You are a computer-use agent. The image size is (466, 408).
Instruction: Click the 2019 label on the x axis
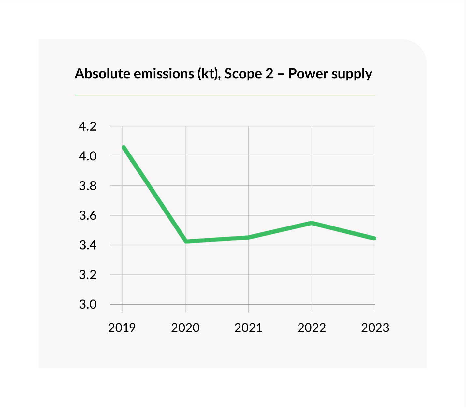pos(122,328)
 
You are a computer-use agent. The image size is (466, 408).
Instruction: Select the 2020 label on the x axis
pos(185,328)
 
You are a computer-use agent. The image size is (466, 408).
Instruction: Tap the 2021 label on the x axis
pos(248,328)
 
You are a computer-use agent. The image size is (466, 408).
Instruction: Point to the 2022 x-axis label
pos(312,328)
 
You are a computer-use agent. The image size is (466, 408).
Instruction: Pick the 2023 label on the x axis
pos(375,328)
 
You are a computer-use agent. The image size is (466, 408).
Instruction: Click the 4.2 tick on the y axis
pos(88,126)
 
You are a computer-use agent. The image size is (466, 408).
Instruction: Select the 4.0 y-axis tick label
pos(88,156)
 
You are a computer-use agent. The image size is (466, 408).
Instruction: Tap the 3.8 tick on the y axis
pos(88,186)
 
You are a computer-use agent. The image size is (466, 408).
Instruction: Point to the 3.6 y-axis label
pos(88,215)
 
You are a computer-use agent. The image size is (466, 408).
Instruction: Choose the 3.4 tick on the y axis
pos(88,245)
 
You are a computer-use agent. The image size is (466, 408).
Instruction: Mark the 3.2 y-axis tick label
pos(88,275)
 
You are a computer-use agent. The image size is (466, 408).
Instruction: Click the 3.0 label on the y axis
pos(88,304)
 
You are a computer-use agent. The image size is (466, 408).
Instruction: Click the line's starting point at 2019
pos(124,147)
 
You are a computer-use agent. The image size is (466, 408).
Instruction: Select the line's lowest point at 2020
pos(186,241)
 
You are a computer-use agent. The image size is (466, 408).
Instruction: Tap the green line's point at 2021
pos(248,238)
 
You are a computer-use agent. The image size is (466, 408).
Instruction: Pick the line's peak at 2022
pos(312,223)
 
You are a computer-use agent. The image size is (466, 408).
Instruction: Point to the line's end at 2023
pos(374,239)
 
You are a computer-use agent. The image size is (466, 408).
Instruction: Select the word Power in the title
pos(308,74)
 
